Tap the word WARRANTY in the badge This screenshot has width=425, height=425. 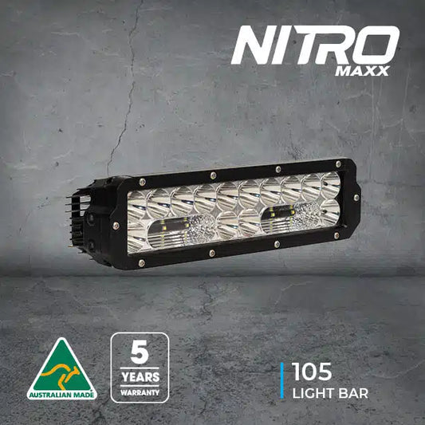[140, 392]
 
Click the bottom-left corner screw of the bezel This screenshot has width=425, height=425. [141, 262]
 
